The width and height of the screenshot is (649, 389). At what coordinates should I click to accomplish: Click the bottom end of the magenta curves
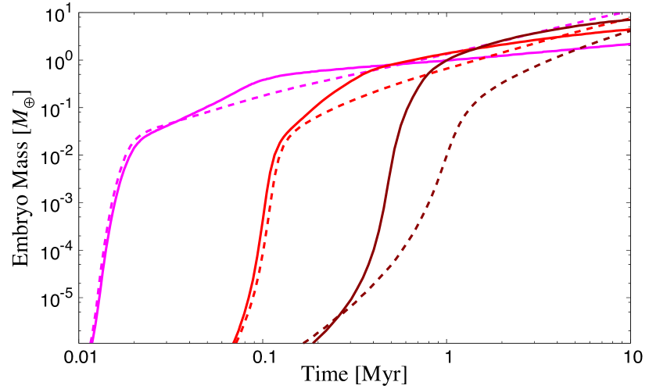click(x=92, y=341)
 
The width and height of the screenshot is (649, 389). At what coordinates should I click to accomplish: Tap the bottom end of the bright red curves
click(x=235, y=341)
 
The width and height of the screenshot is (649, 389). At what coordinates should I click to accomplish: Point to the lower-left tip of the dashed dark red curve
click(x=304, y=342)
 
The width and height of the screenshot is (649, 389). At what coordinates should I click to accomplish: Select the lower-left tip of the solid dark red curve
click(x=314, y=341)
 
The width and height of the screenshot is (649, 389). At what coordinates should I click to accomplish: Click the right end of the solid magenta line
click(x=629, y=45)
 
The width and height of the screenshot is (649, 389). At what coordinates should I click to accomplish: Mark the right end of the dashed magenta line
click(x=629, y=13)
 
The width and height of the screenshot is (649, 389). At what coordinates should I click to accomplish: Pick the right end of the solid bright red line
click(x=629, y=30)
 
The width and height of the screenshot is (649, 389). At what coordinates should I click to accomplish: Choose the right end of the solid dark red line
click(x=629, y=20)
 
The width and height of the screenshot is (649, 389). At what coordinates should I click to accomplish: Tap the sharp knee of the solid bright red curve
click(x=283, y=138)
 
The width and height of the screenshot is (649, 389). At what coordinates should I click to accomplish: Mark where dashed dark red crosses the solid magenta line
click(x=583, y=49)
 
